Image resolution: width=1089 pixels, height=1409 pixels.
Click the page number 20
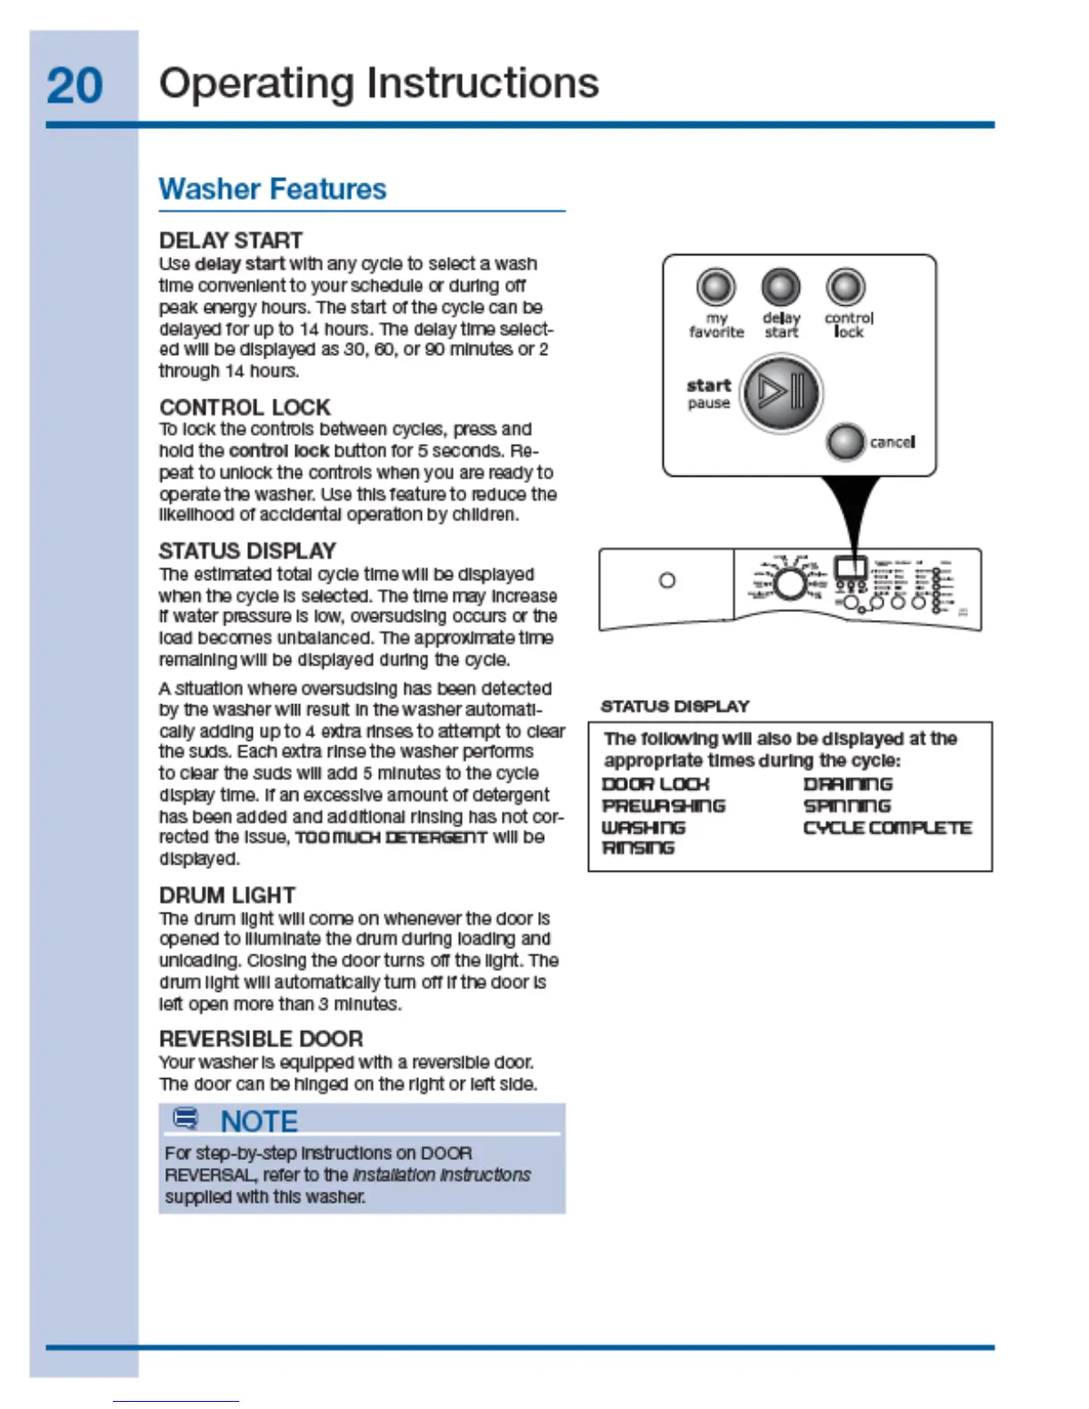75,86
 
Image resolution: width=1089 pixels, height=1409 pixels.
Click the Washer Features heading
272,189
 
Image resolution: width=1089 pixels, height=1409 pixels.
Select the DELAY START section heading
230,241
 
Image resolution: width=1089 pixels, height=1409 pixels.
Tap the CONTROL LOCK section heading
245,407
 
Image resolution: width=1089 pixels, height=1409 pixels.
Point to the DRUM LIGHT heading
227,895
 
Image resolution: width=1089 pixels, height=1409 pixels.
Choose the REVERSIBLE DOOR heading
261,1039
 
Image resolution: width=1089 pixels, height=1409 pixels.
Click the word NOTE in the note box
259,1122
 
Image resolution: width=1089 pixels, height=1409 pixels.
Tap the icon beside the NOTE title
185,1119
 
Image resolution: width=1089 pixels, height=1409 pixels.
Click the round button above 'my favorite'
715,287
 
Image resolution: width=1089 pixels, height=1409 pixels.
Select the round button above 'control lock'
845,287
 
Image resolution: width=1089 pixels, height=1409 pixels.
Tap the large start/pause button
781,392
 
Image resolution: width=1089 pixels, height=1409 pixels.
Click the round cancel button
844,441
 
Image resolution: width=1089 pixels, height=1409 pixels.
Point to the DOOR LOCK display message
656,785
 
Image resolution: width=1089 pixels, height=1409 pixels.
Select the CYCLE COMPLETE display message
887,828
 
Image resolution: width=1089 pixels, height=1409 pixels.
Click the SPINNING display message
846,806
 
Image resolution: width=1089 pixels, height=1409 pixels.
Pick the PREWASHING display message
664,806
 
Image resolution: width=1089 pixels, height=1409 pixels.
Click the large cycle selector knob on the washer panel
788,584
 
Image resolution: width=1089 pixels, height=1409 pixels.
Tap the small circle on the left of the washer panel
666,581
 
